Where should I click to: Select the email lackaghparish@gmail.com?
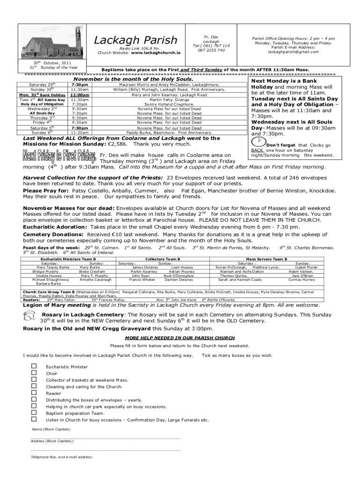293,52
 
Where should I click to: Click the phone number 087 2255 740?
211,50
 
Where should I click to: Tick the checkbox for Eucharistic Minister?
34,366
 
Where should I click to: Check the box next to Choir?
34,373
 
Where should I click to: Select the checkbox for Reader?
34,393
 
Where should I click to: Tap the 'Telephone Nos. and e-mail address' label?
61,457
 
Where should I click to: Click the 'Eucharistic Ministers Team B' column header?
68,259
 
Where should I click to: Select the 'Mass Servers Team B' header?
266,259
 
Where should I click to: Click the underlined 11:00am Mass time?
79,94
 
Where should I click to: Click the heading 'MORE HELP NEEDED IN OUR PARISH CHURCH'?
180,337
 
